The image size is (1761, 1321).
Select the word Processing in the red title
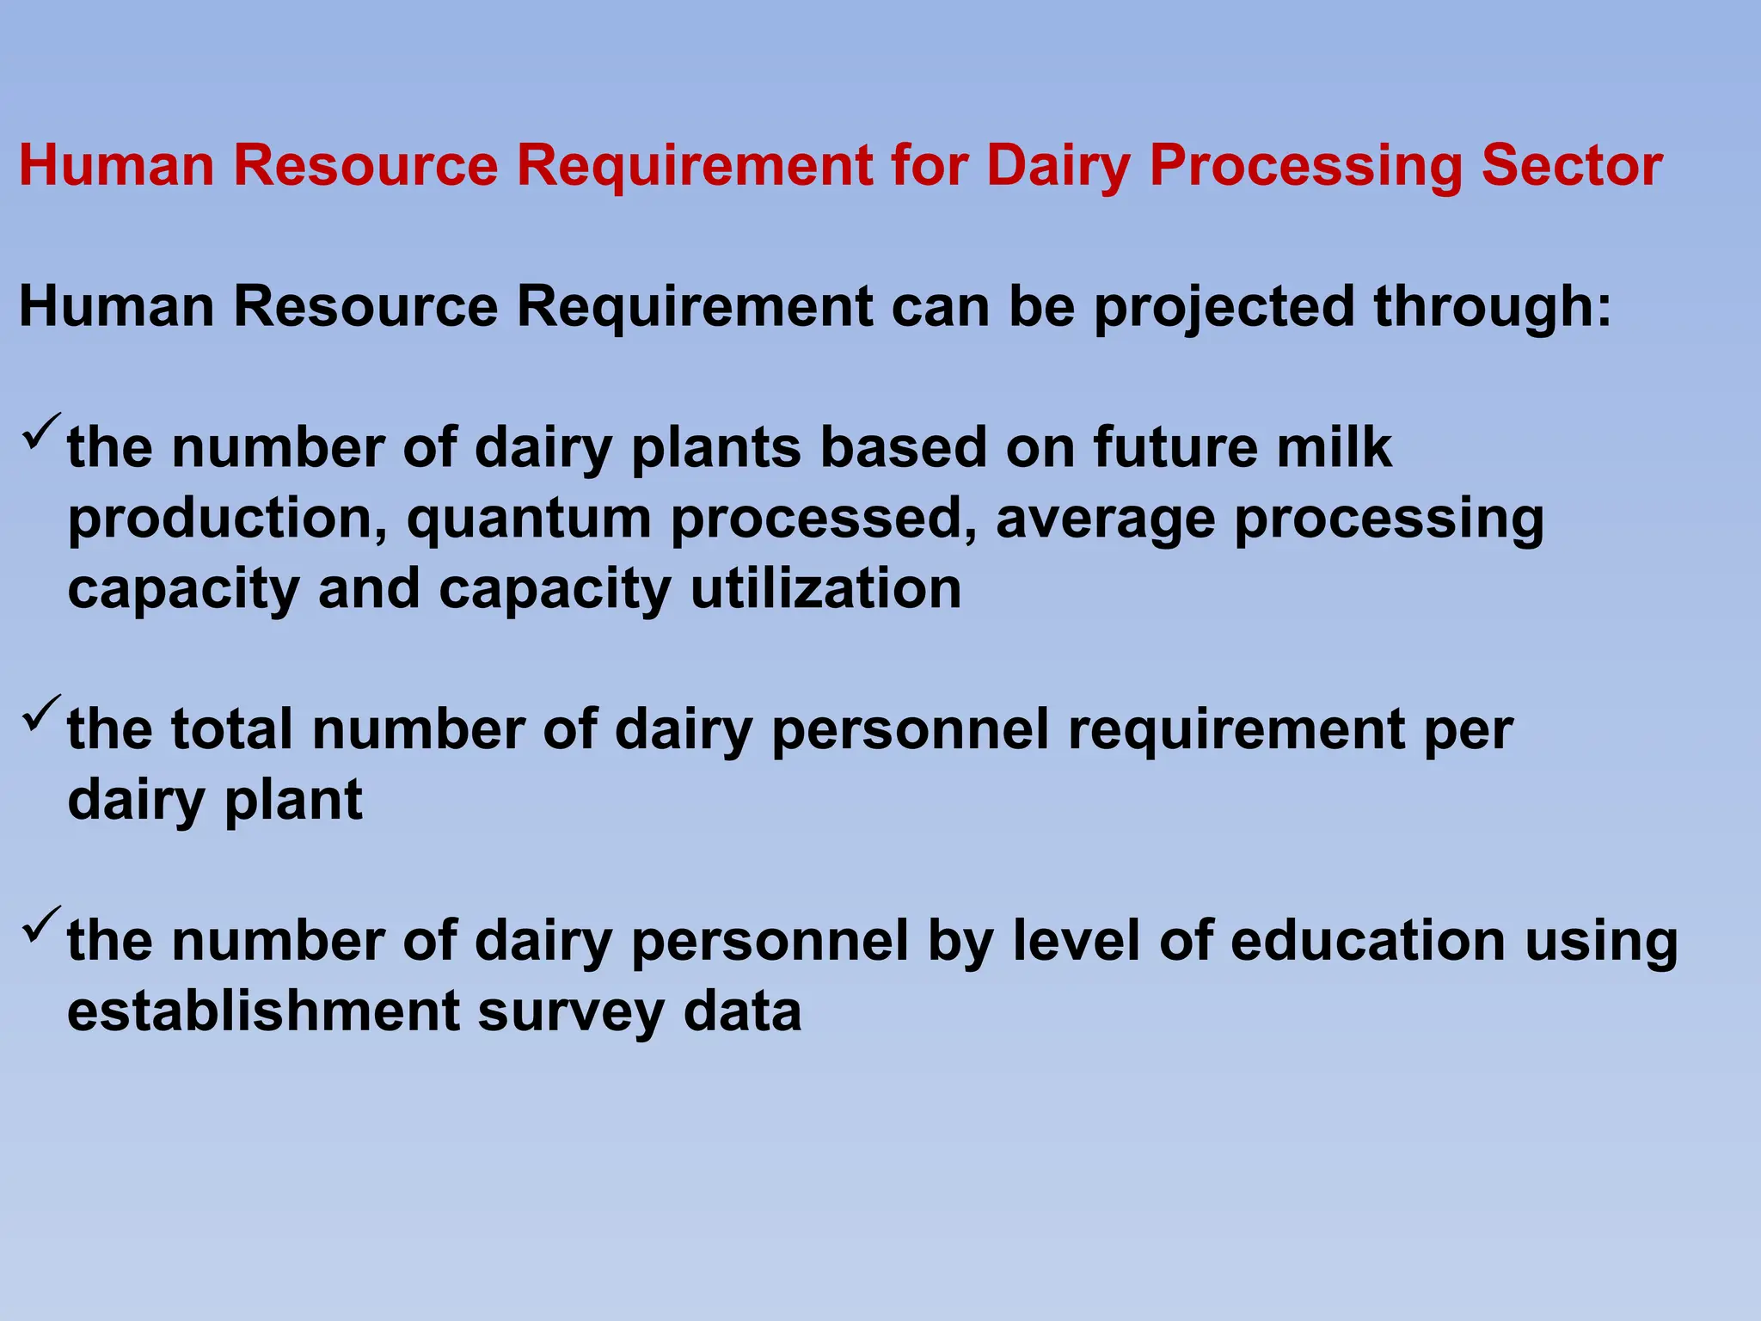click(x=1305, y=165)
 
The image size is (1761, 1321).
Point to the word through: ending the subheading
click(x=1493, y=307)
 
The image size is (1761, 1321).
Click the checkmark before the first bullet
click(x=40, y=431)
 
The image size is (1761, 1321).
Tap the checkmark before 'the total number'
click(x=40, y=713)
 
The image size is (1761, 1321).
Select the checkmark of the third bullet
click(x=40, y=925)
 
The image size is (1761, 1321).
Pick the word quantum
click(x=529, y=519)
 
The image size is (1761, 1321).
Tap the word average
click(x=1105, y=519)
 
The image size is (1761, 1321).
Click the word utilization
click(x=825, y=589)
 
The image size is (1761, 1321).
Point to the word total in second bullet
click(x=231, y=729)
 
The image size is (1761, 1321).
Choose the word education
click(x=1367, y=941)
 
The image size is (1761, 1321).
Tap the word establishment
click(x=263, y=1011)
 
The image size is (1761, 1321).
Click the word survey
click(x=570, y=1011)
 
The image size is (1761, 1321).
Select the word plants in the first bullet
click(x=715, y=448)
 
